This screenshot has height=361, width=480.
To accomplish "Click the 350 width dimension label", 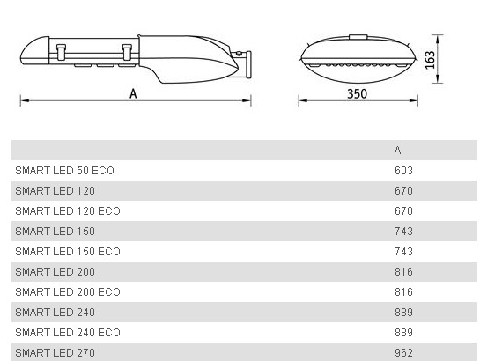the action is tap(357, 93).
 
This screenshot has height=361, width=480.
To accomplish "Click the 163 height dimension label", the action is tap(430, 60).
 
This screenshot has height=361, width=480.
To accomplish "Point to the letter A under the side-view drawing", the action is tap(133, 93).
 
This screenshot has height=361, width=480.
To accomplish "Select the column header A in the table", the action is tap(398, 151).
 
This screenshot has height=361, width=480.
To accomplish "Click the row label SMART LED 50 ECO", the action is tap(64, 171).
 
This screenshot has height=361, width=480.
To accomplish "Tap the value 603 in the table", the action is tap(403, 171).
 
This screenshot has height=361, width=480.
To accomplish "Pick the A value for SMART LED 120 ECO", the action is tap(403, 210).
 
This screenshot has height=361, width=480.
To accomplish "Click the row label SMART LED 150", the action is tap(55, 231).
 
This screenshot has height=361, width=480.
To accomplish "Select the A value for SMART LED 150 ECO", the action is tap(403, 252).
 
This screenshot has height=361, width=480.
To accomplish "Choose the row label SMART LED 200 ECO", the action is tap(68, 291).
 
